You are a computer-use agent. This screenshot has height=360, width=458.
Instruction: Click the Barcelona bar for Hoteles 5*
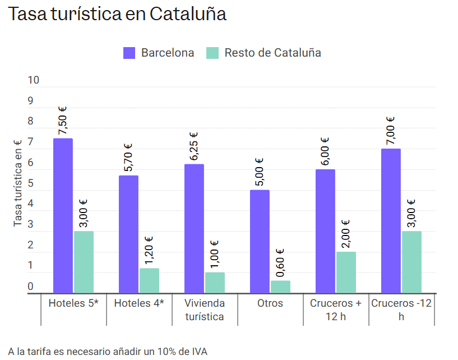63,215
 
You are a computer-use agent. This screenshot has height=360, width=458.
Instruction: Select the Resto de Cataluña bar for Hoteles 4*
149,280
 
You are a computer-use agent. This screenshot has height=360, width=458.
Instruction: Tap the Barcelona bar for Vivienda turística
194,228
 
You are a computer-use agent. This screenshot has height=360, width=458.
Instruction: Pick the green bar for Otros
280,287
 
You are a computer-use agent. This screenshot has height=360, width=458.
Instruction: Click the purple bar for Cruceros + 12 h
325,231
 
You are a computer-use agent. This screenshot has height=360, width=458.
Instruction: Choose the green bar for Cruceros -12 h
411,262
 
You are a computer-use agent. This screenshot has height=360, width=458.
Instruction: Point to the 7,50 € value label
63,121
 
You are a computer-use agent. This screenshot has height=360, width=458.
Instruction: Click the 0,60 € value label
280,263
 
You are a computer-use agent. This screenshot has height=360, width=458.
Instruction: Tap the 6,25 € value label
194,146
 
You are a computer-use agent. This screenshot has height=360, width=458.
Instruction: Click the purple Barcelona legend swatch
129,53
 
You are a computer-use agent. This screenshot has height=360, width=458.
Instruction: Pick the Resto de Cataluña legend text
272,53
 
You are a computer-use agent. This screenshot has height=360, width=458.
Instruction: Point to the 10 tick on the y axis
34,80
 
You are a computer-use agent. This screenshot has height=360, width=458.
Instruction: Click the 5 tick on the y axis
30,183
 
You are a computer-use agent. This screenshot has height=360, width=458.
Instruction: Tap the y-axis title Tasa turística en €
17,183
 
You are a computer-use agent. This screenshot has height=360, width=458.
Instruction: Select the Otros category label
270,303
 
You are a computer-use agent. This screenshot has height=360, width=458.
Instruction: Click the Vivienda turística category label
205,310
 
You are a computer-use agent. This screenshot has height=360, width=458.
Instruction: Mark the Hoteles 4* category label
139,303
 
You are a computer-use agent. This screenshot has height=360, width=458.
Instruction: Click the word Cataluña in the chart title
188,14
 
